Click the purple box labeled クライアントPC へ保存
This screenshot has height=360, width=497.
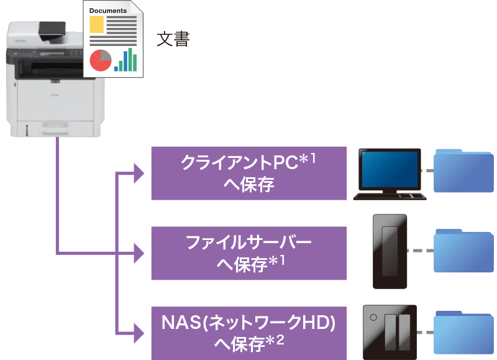[248, 173]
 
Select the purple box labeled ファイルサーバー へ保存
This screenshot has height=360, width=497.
[248, 253]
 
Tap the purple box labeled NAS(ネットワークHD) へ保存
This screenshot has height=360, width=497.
[248, 333]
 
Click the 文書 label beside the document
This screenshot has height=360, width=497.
[173, 39]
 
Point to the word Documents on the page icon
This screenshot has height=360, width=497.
[108, 11]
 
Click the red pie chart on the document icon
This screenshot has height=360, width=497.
[100, 60]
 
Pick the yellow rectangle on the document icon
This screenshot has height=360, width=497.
[97, 25]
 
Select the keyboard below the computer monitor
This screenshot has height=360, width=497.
[390, 196]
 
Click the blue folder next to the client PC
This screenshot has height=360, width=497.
[463, 170]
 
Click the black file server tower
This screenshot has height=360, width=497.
[390, 251]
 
